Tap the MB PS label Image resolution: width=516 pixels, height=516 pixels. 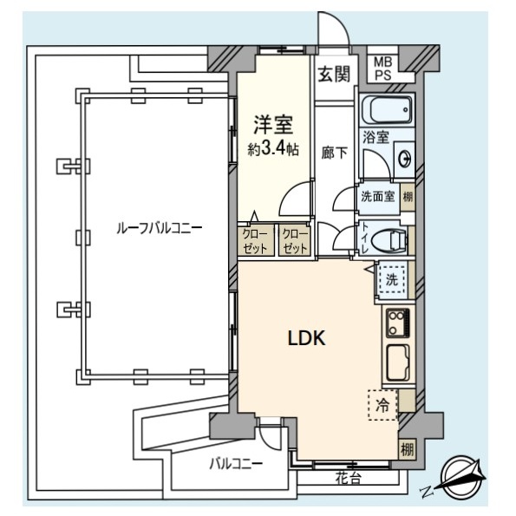[383, 69]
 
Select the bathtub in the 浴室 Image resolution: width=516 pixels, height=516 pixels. [388, 109]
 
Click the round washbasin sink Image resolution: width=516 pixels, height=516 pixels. [405, 159]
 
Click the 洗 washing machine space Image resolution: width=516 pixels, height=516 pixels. [392, 279]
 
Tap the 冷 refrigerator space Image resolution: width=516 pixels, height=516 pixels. [382, 405]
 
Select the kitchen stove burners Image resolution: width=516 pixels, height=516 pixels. [398, 322]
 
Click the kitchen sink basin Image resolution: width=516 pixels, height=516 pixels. [397, 363]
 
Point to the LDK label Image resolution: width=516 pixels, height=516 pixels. [307, 338]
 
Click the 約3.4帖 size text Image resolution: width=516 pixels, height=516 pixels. [273, 150]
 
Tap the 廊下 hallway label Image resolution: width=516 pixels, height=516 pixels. [334, 153]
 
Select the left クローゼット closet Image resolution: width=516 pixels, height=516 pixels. [256, 241]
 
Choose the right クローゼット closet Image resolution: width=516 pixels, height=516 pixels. [295, 241]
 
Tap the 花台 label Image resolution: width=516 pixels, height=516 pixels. [348, 478]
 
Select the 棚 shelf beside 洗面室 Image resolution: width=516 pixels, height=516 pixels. [408, 197]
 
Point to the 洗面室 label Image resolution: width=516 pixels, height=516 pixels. [378, 197]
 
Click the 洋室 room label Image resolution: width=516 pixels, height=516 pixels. [273, 125]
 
